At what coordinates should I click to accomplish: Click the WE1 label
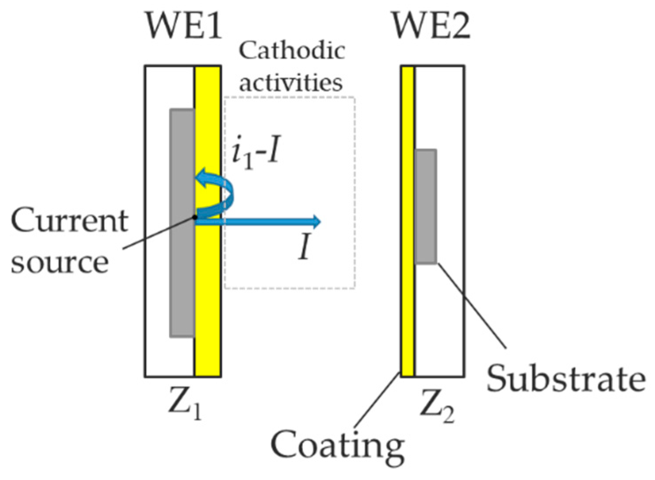[x=184, y=26]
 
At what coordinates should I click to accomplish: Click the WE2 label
[x=431, y=26]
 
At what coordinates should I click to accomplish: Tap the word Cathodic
[x=292, y=52]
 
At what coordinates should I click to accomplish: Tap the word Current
[x=69, y=220]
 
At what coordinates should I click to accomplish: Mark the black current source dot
[x=195, y=217]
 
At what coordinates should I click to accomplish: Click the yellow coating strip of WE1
[x=208, y=308]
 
